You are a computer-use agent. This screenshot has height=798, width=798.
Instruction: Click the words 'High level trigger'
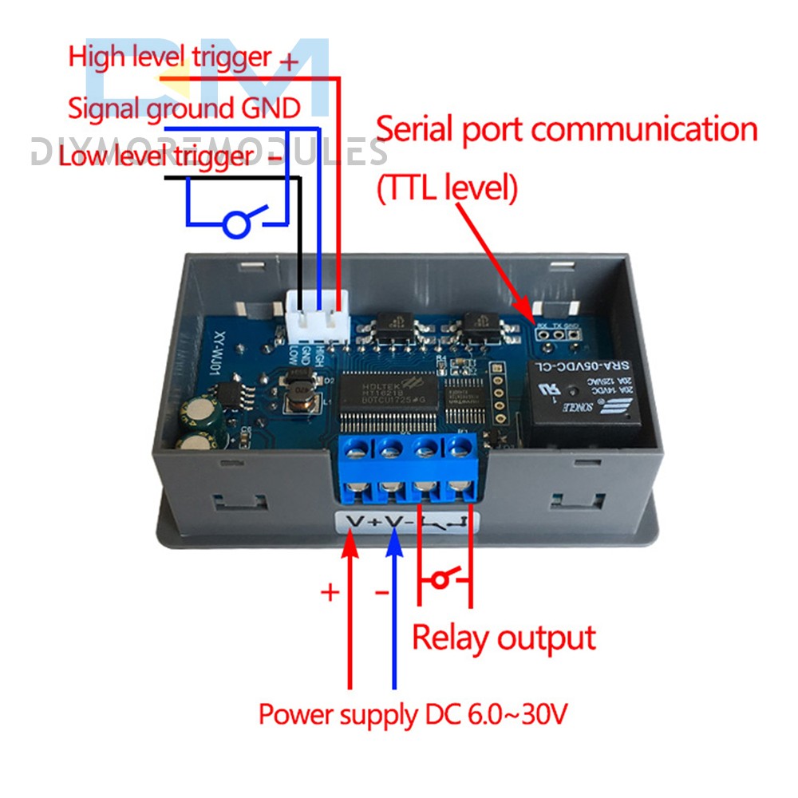(169, 57)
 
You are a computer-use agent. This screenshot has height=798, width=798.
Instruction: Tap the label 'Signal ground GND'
(184, 107)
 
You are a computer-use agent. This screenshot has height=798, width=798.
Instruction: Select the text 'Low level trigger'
(156, 156)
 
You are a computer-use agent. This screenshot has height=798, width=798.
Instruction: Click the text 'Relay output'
(504, 638)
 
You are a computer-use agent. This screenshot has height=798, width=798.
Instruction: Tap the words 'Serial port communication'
(566, 128)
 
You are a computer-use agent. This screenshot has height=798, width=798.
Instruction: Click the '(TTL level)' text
(447, 188)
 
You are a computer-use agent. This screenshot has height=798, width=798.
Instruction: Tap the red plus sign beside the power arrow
(329, 592)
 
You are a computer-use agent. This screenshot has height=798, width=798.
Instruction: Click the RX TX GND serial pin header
(557, 335)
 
